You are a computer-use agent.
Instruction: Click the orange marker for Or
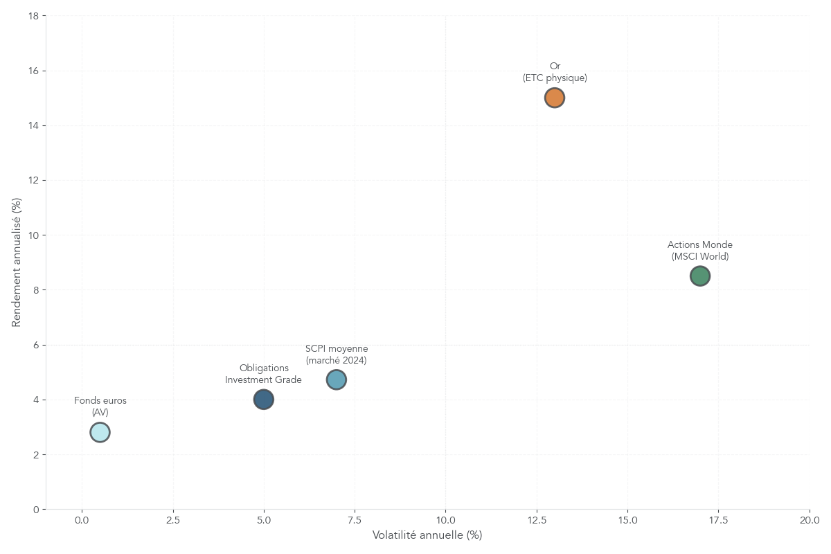point(554,98)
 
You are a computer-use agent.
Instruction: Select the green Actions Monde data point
point(700,276)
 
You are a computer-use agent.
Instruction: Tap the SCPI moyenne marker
point(336,379)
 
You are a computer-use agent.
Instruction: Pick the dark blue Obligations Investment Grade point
point(263,399)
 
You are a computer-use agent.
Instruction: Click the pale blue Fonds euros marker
point(100,432)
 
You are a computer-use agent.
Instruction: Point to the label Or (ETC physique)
point(555,72)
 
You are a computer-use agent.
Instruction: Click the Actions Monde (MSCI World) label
point(700,251)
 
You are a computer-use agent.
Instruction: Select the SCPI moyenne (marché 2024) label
point(337,355)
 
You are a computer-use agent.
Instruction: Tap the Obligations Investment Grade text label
point(263,374)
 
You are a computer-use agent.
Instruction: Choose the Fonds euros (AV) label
point(100,406)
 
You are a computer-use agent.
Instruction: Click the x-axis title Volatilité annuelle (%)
point(427,535)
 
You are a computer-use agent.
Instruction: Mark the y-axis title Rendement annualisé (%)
point(17,262)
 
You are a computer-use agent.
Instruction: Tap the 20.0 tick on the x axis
point(810,521)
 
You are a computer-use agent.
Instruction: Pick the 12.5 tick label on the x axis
point(537,521)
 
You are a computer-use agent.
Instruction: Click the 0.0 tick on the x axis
point(82,521)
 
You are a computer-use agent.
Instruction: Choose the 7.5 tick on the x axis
point(355,521)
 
